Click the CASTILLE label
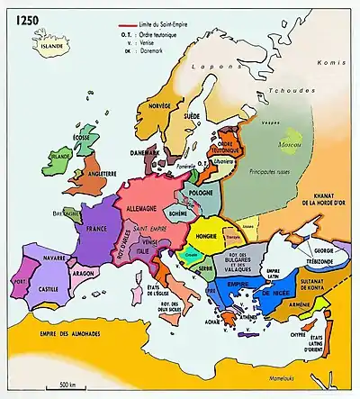(x=47, y=290)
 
